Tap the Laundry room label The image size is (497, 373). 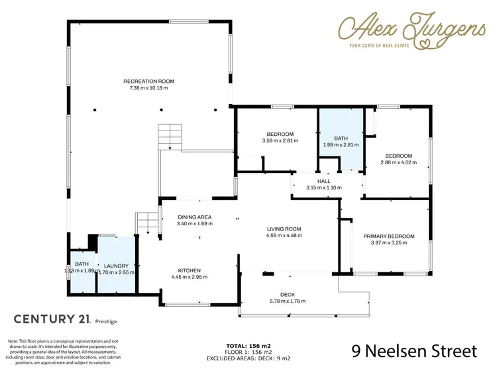click(x=116, y=266)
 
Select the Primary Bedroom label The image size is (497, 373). click(x=388, y=237)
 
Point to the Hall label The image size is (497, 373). click(x=323, y=181)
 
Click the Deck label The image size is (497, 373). click(x=287, y=295)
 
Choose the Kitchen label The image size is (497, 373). click(x=189, y=270)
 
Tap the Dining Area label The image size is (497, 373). click(x=195, y=217)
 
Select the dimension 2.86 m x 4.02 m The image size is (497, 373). click(x=398, y=162)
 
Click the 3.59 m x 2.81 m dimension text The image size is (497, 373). click(x=280, y=140)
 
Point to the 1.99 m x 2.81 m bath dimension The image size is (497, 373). click(x=341, y=144)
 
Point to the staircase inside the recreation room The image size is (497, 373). click(x=169, y=136)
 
